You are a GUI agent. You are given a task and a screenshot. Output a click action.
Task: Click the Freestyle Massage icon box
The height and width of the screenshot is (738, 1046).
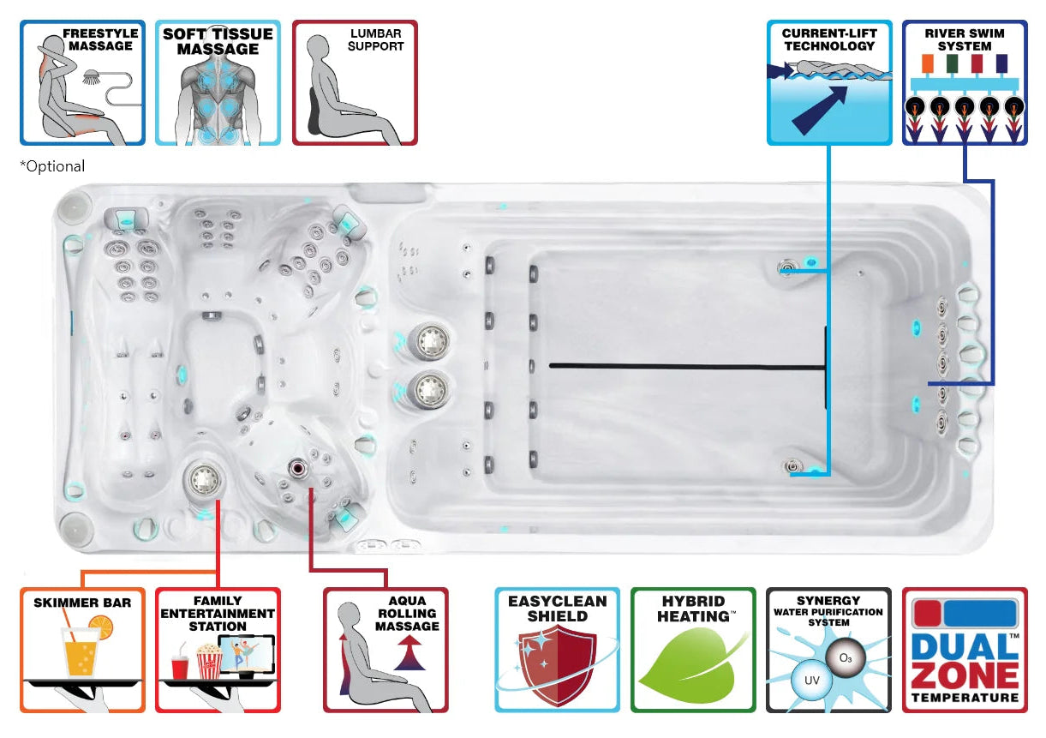82,82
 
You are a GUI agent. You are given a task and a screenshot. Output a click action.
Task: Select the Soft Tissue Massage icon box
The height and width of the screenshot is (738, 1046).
218,82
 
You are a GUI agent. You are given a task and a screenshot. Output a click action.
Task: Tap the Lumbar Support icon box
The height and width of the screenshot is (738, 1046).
355,82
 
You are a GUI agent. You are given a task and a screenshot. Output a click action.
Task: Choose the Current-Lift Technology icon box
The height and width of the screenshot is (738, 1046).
828,82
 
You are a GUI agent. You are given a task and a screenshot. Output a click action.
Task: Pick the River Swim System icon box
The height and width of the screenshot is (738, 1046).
965,82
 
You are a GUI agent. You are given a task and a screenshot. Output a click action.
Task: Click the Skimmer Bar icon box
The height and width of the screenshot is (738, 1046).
82,649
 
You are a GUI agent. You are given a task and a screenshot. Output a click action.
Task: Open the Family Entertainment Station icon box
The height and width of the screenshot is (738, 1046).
218,649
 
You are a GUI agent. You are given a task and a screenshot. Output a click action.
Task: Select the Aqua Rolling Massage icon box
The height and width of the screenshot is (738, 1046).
386,649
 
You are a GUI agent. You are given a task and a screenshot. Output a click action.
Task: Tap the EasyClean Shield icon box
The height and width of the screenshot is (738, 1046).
557,649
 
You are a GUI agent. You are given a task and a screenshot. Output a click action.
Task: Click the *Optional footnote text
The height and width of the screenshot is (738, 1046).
53,166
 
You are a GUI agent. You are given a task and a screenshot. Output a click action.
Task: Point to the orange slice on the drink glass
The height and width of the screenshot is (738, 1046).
101,629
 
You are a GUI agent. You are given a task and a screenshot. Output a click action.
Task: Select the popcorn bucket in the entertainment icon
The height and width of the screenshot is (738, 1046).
208,662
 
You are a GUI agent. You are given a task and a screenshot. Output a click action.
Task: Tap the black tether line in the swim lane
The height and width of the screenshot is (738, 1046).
685,367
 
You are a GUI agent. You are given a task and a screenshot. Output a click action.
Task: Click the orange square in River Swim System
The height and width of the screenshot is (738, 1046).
925,63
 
